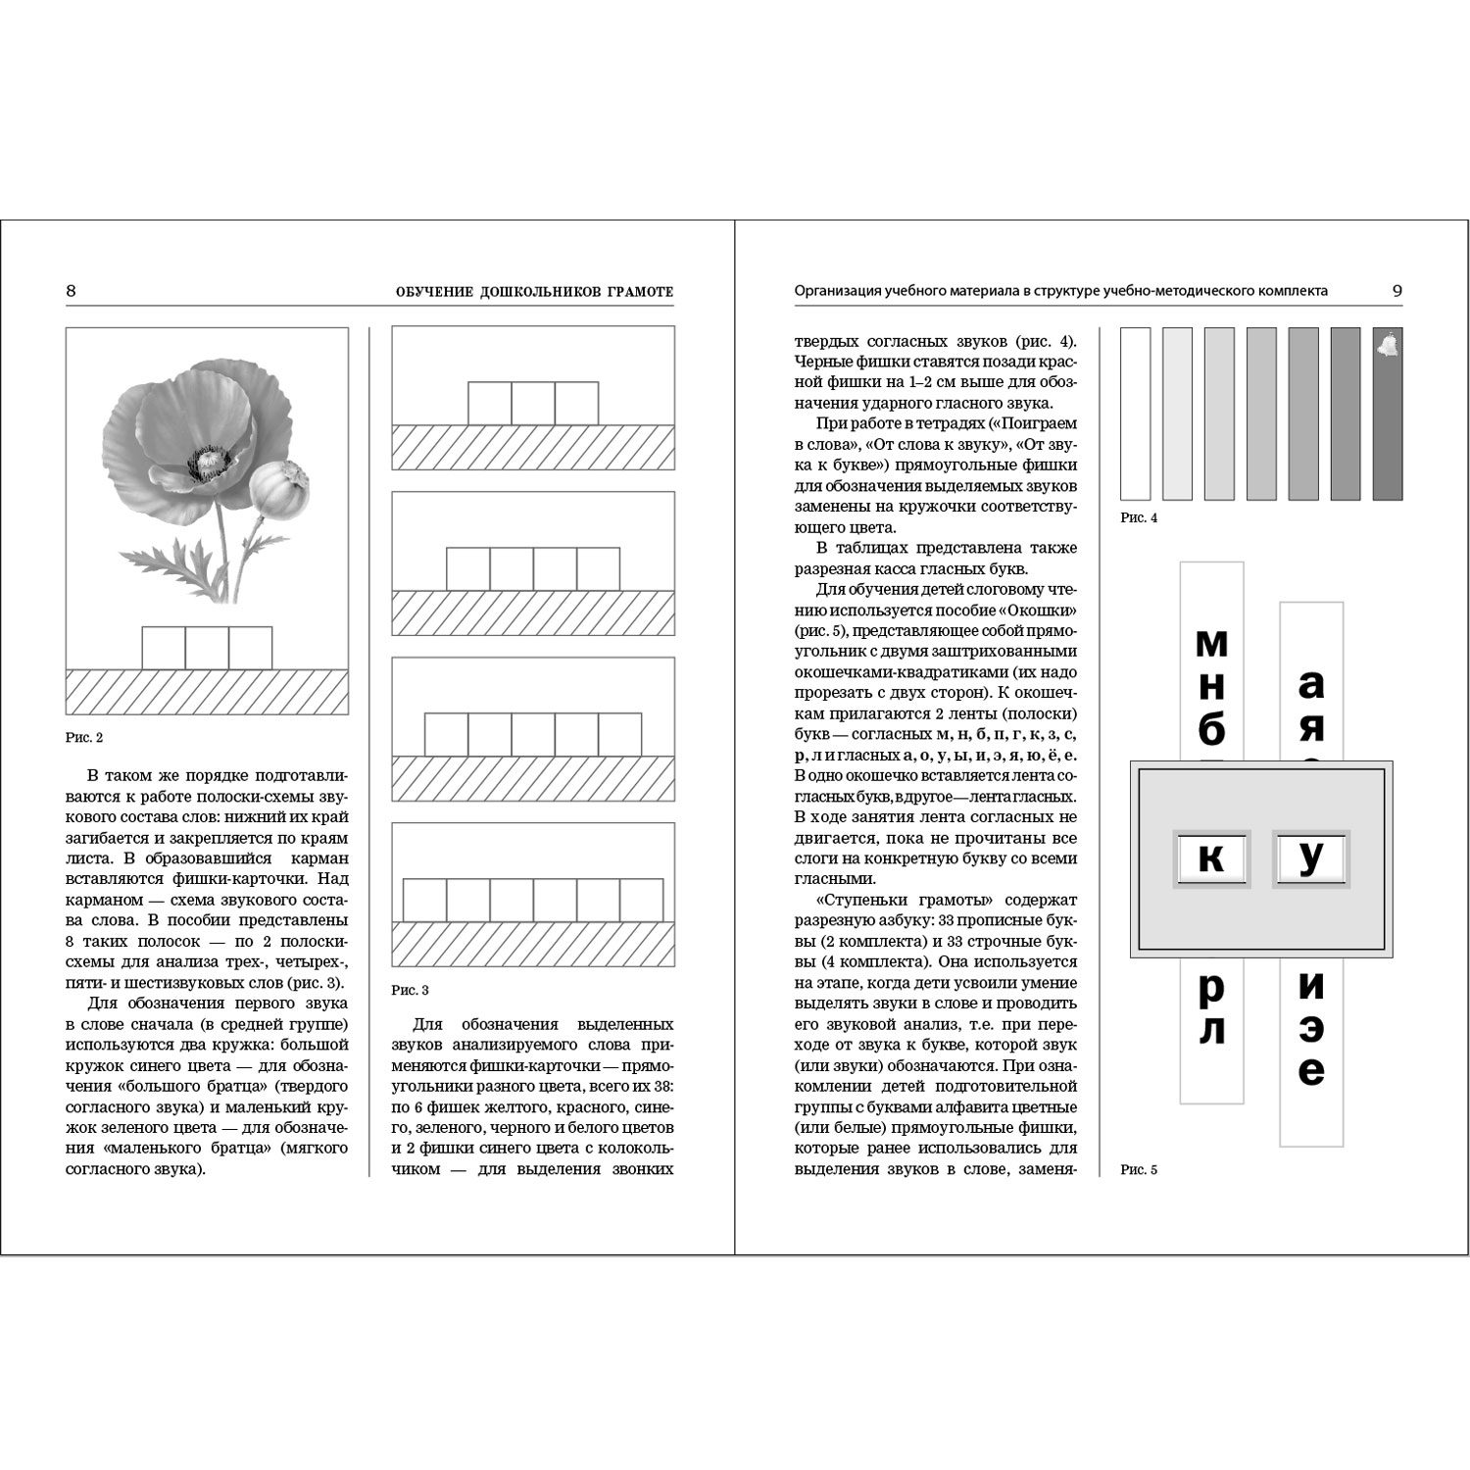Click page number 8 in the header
click(x=71, y=291)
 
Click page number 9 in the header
click(x=1396, y=291)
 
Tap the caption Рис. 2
click(x=83, y=737)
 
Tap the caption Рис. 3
click(x=410, y=990)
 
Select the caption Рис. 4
click(x=1138, y=517)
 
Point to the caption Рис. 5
click(x=1138, y=1169)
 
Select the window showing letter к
click(x=1212, y=858)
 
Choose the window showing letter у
click(x=1310, y=858)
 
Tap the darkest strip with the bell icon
click(x=1387, y=414)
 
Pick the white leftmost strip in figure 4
click(x=1135, y=414)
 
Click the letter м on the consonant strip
click(x=1212, y=644)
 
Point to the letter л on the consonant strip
click(x=1212, y=1031)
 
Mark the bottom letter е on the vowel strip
click(x=1311, y=1072)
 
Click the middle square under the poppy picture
click(x=207, y=648)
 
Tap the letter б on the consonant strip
click(x=1212, y=730)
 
